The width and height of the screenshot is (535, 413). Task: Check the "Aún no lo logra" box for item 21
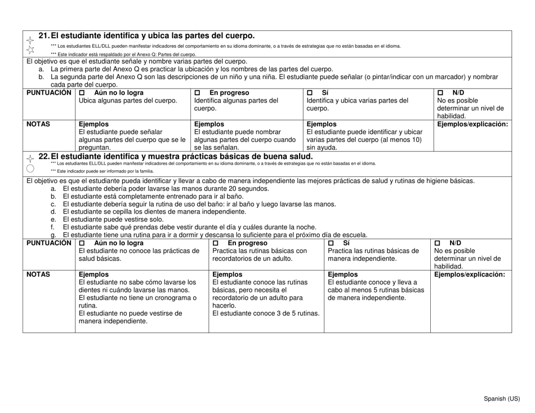(82, 93)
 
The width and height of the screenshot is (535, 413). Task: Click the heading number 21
(44, 36)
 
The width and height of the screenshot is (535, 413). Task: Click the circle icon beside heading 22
(30, 167)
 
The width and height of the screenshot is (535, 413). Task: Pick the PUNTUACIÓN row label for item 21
(49, 92)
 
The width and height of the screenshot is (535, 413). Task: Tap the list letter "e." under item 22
(53, 220)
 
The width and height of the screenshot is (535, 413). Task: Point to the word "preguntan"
(95, 148)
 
